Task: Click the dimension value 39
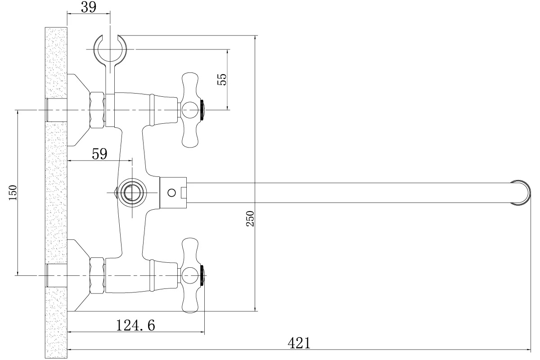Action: tap(89, 7)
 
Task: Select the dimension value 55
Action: tap(222, 79)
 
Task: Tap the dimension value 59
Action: tap(99, 154)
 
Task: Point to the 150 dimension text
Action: tap(13, 193)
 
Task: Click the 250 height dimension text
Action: tap(250, 219)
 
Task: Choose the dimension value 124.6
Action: tap(135, 325)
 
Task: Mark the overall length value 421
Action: tap(299, 343)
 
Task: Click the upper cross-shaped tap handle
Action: tap(190, 110)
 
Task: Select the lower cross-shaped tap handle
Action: tap(190, 275)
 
